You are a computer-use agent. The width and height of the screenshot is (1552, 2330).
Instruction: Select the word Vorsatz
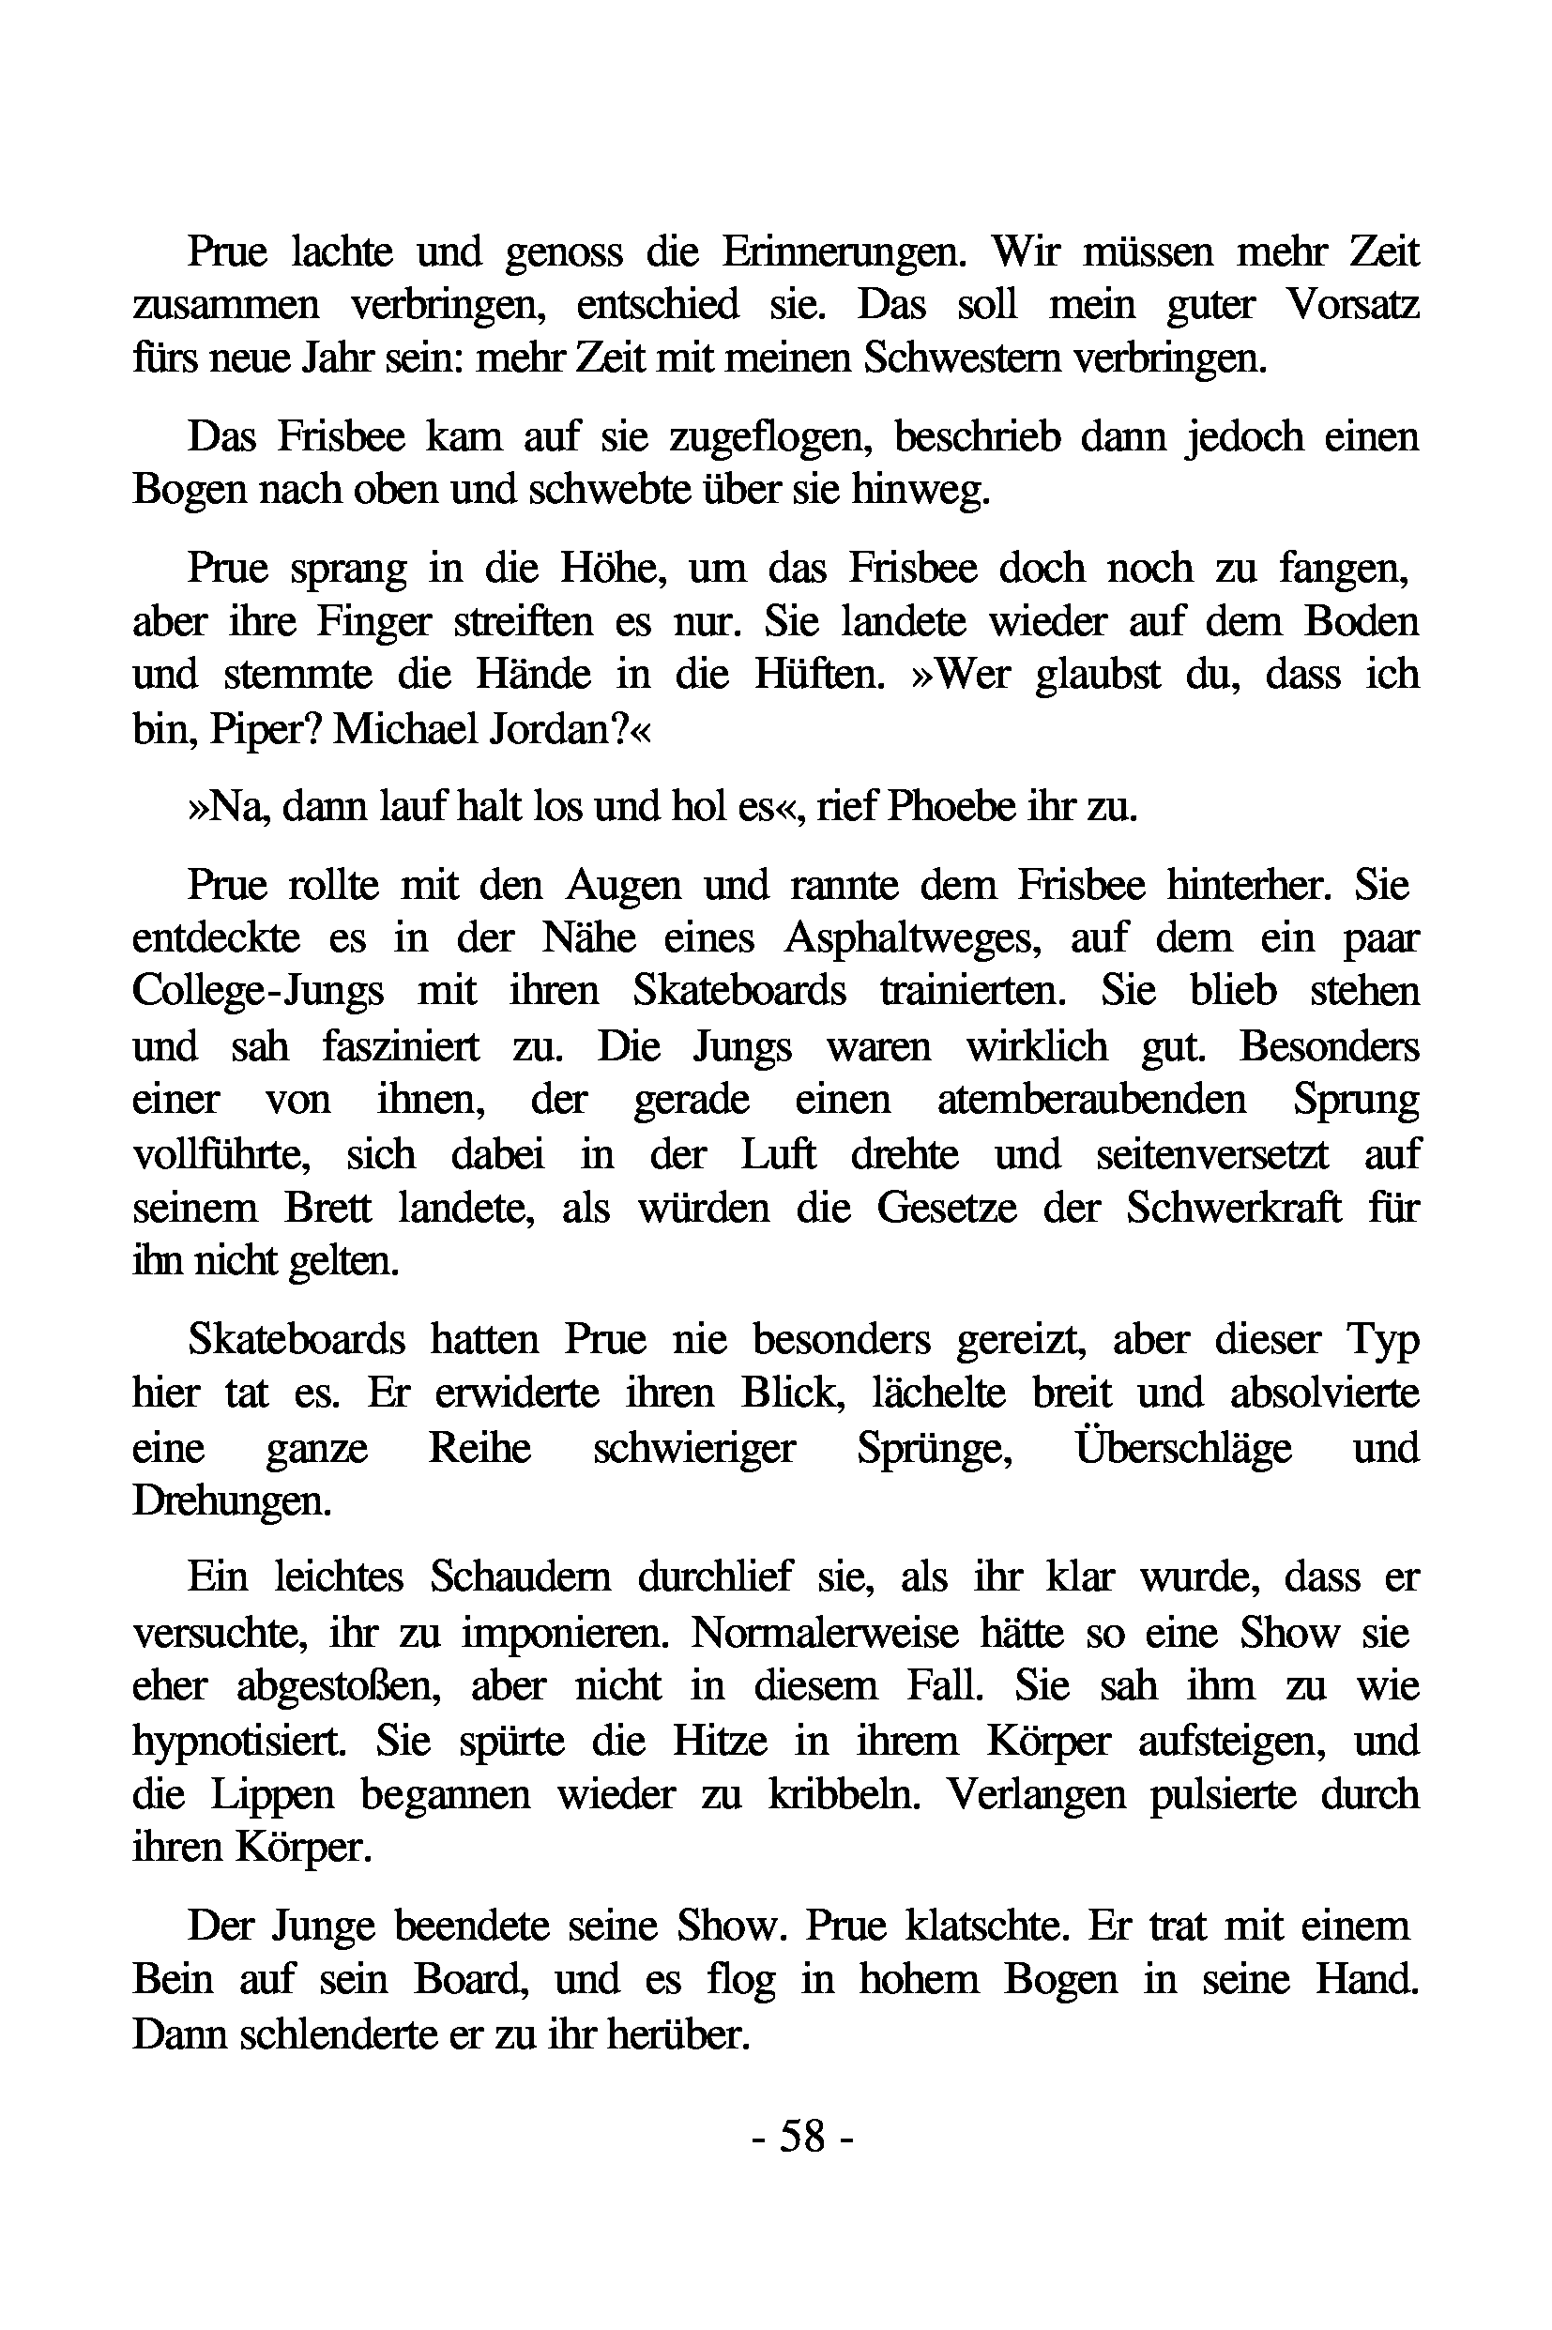click(x=1352, y=305)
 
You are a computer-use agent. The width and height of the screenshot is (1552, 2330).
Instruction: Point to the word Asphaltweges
click(x=910, y=937)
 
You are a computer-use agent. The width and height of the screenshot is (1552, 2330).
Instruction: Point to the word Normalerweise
click(x=825, y=1632)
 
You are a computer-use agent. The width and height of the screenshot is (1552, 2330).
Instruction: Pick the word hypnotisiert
click(x=239, y=1741)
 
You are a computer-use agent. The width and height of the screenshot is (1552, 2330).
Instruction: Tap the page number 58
click(x=800, y=2135)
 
